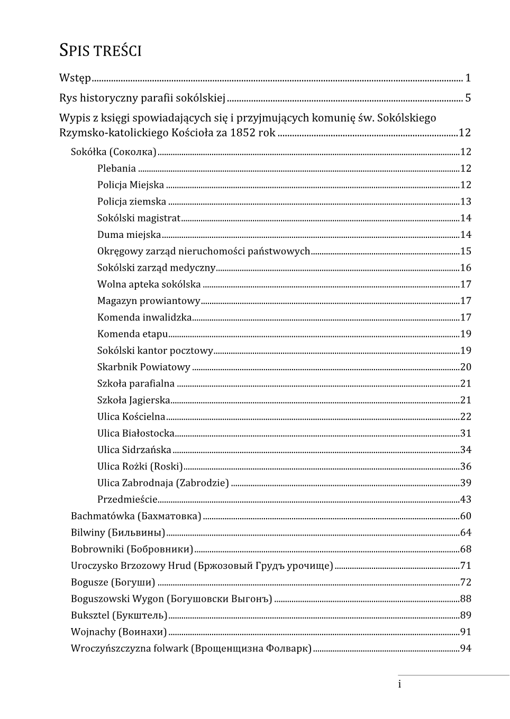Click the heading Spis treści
pyautogui.click(x=100, y=51)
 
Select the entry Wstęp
pyautogui.click(x=75, y=78)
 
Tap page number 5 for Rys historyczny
pyautogui.click(x=468, y=98)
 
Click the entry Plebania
pyautogui.click(x=116, y=169)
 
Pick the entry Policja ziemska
pyautogui.click(x=132, y=201)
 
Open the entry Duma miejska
pyautogui.click(x=129, y=235)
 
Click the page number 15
pyautogui.click(x=466, y=251)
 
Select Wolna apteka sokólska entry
pyautogui.click(x=149, y=284)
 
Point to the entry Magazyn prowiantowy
pyautogui.click(x=149, y=301)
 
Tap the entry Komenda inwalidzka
pyautogui.click(x=144, y=317)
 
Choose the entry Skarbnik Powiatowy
pyautogui.click(x=143, y=367)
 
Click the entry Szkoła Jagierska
pyautogui.click(x=134, y=400)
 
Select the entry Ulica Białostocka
pyautogui.click(x=136, y=433)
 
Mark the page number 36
pyautogui.click(x=466, y=466)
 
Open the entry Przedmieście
pyautogui.click(x=127, y=499)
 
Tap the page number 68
pyautogui.click(x=466, y=549)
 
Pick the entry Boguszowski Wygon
pyautogui.click(x=117, y=598)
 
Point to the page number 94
pyautogui.click(x=466, y=648)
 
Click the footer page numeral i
pyautogui.click(x=399, y=685)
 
